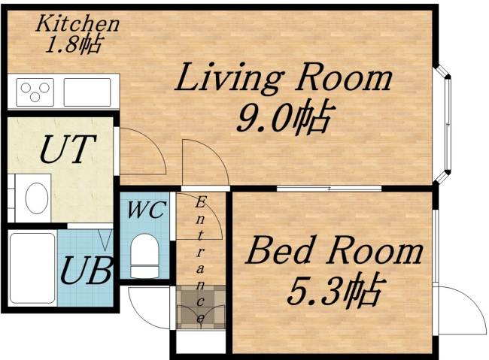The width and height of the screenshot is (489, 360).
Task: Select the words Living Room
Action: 284,78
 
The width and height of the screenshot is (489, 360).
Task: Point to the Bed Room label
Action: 334,251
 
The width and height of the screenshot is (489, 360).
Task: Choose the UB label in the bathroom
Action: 87,268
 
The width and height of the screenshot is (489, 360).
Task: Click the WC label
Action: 146,210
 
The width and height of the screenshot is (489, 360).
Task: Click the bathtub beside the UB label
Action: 32,268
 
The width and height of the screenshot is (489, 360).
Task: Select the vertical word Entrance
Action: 202,260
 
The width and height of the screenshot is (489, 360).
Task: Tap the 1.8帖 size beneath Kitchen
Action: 73,44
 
